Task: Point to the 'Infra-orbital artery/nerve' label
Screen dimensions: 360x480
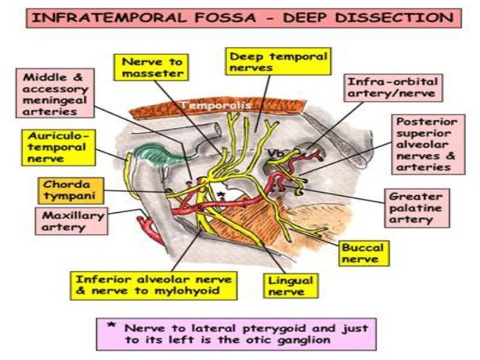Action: [x=393, y=92]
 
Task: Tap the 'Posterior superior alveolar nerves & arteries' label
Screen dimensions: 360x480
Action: [x=423, y=144]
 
